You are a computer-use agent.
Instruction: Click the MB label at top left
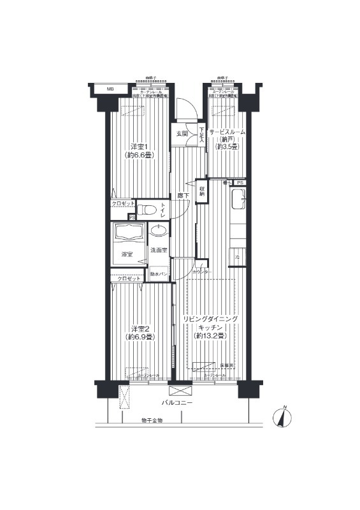(x=110, y=89)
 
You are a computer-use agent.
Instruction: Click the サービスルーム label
(x=226, y=131)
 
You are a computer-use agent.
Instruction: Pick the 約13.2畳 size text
(x=210, y=337)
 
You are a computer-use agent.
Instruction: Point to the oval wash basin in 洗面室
(x=159, y=231)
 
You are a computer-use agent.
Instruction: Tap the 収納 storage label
(x=202, y=190)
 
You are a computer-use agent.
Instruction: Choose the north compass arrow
(x=280, y=418)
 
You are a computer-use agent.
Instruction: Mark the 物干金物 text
(x=152, y=421)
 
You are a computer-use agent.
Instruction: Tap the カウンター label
(x=202, y=272)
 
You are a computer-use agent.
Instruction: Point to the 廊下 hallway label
(x=182, y=195)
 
